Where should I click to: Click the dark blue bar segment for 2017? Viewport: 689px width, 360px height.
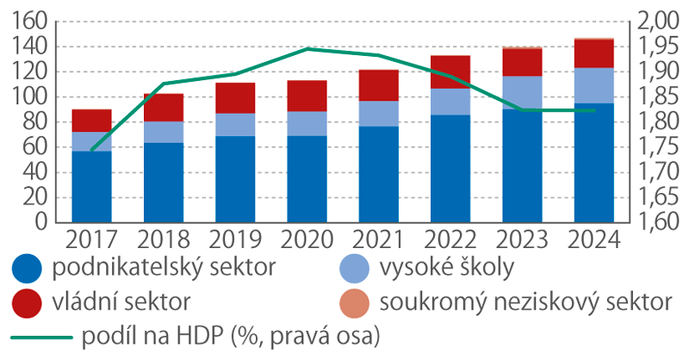(x=91, y=186)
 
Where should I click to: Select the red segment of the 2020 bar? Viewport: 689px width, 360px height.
(x=307, y=96)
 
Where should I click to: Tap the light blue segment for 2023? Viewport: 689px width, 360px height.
(x=523, y=92)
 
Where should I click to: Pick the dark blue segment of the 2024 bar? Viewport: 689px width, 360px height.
(x=594, y=162)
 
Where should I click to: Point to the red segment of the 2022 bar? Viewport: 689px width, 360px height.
(x=450, y=72)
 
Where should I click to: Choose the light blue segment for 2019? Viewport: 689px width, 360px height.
(x=235, y=124)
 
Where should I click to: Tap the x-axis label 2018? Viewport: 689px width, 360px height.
(x=163, y=239)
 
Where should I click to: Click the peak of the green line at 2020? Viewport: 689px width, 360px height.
(x=307, y=49)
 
